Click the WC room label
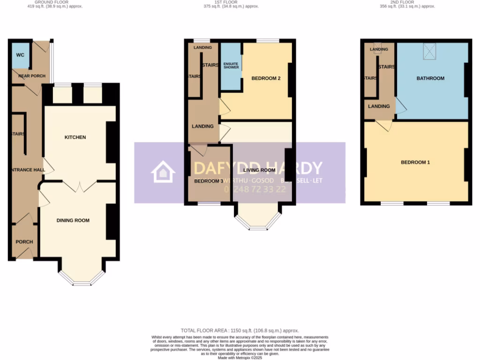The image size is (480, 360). (x=20, y=55)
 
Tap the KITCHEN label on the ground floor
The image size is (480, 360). (x=75, y=137)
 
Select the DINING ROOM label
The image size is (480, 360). (x=73, y=220)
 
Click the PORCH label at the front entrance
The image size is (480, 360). (x=24, y=242)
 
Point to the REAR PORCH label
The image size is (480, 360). (x=32, y=76)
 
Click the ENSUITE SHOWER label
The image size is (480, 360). (x=231, y=66)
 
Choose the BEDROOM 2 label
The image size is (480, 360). (x=266, y=78)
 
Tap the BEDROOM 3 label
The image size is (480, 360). (x=209, y=181)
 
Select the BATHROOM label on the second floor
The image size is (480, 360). (x=430, y=78)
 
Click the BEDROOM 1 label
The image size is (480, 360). (x=415, y=162)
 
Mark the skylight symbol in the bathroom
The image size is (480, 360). (x=429, y=51)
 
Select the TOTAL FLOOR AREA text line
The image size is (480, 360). (x=240, y=330)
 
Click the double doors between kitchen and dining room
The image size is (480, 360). (x=78, y=186)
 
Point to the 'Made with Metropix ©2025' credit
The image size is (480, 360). (x=240, y=357)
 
